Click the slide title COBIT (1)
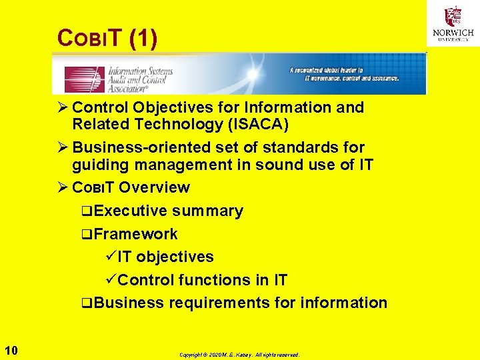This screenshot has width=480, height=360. [x=108, y=39]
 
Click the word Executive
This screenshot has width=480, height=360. [x=131, y=211]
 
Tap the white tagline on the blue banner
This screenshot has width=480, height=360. [x=344, y=74]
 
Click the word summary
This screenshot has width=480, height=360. [x=207, y=211]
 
